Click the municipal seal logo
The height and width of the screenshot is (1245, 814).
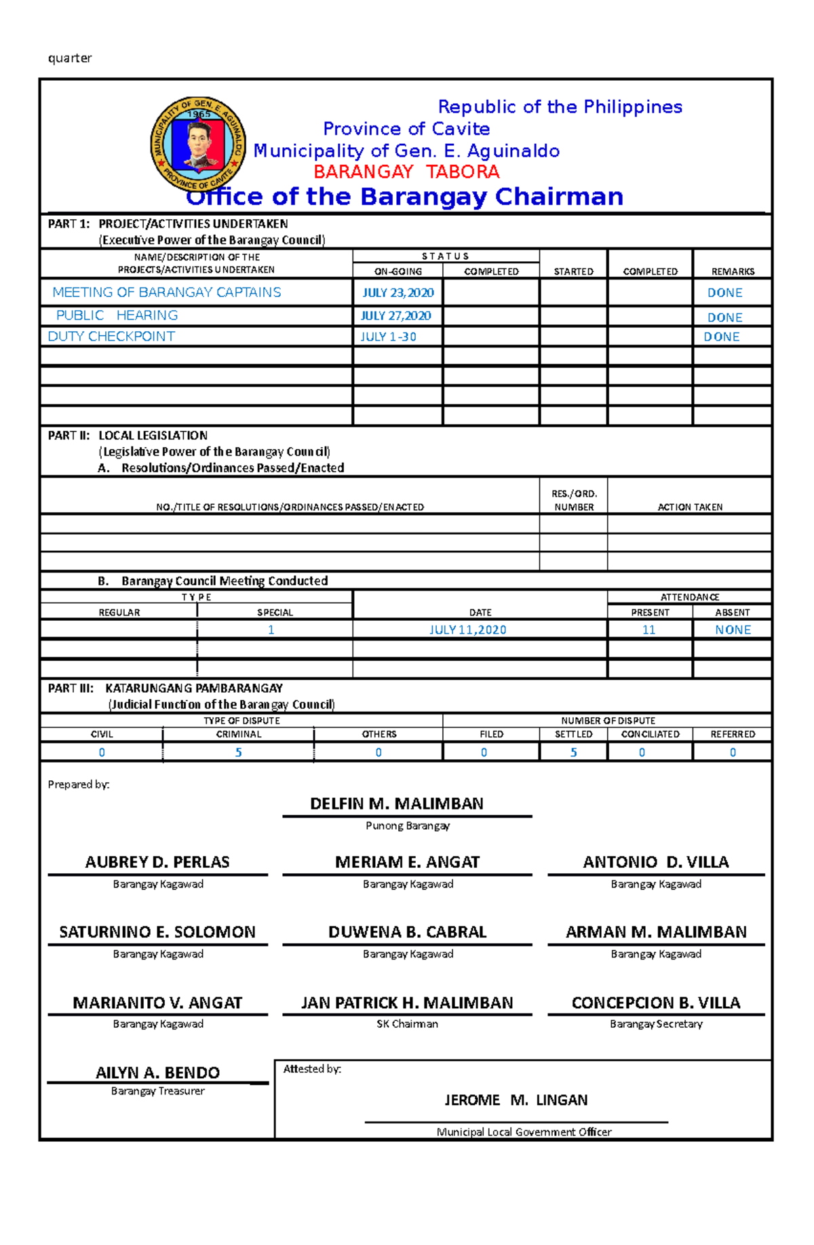point(197,144)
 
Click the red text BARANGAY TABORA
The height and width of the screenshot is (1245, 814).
point(406,172)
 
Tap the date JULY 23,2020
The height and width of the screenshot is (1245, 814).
point(398,292)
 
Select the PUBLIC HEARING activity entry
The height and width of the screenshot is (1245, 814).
point(117,315)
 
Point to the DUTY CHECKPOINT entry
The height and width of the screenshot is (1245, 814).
point(111,337)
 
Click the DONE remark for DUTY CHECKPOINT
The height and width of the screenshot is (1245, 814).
point(721,337)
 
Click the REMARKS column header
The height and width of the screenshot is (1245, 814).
point(733,271)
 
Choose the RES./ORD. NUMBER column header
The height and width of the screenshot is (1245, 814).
point(574,501)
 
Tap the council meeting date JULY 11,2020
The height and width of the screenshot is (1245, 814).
point(467,630)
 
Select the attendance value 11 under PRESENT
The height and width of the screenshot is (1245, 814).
point(648,630)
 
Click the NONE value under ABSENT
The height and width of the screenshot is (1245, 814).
point(733,630)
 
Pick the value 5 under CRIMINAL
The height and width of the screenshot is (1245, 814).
point(238,752)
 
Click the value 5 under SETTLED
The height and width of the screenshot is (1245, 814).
point(573,752)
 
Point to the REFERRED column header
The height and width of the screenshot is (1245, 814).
point(733,734)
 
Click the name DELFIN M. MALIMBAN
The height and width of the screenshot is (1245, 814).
point(397,804)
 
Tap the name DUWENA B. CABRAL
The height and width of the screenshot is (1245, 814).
point(407,932)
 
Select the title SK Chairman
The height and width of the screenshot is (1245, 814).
point(407,1024)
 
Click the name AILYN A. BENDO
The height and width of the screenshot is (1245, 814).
point(157,1073)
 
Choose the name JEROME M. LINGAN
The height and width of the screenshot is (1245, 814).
point(516,1100)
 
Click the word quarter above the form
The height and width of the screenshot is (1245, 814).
point(70,58)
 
